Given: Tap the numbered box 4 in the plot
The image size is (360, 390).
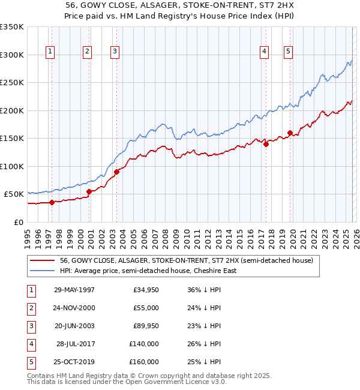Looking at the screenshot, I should (264, 52).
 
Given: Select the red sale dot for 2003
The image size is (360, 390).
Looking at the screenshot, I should (117, 172).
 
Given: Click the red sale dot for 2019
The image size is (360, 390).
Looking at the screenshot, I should (290, 133).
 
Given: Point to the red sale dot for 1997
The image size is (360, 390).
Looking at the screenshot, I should (52, 202).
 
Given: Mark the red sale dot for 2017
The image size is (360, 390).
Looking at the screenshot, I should (266, 144).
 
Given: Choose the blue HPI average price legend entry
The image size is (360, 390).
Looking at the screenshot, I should (148, 271).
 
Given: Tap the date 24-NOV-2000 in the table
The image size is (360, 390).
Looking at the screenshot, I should (74, 308).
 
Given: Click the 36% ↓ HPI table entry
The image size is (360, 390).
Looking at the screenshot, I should (200, 290).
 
